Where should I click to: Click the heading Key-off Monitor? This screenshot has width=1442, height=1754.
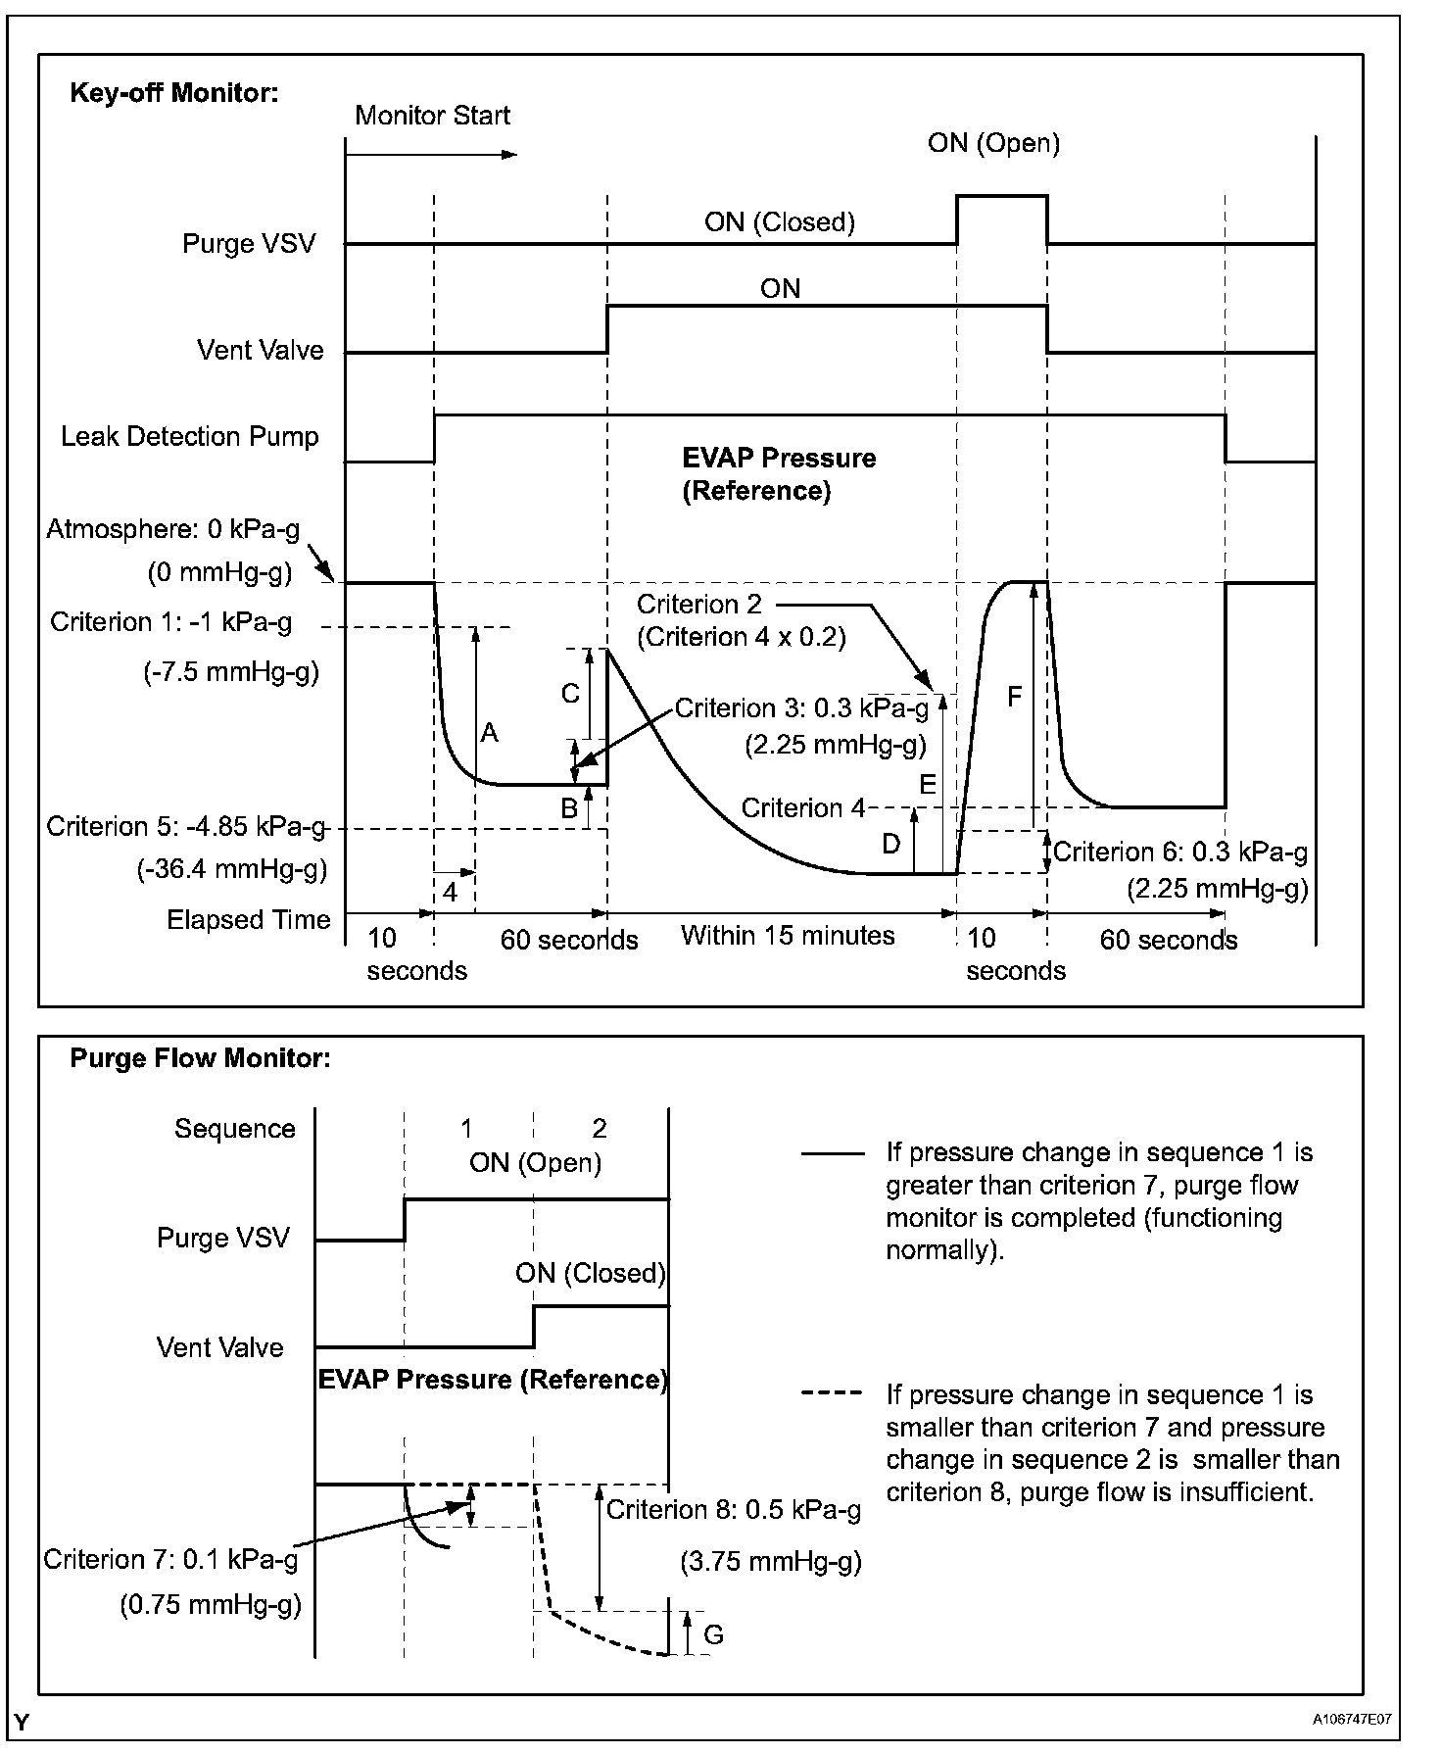pos(174,93)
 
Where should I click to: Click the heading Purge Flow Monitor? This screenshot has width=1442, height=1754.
pos(200,1058)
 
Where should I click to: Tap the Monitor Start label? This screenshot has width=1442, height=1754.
pos(432,116)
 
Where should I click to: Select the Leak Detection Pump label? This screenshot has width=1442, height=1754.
pos(190,436)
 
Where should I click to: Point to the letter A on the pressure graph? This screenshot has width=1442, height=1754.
pos(489,732)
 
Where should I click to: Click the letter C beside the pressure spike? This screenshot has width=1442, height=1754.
pos(569,694)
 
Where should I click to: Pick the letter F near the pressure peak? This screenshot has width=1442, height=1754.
pos(1014,697)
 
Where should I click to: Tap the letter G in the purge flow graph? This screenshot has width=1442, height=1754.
pos(713,1634)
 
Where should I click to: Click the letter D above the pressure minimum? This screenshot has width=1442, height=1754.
pos(890,844)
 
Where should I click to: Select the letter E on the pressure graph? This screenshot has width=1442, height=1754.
pos(927,784)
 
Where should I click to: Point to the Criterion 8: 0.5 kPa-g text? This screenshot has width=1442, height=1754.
pos(734,1510)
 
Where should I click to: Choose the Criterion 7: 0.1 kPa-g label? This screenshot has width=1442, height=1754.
pos(170,1559)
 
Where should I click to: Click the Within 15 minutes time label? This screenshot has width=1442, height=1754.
pos(788,935)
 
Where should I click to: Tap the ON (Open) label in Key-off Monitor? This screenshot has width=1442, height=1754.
pos(993,143)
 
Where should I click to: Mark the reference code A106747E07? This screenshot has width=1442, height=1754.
pos(1353,1719)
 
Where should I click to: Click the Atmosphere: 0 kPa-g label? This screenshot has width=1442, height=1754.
pos(172,529)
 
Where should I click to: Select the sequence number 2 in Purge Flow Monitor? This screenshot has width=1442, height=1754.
pos(600,1129)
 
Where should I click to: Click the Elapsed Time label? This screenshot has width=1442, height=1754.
pos(248,920)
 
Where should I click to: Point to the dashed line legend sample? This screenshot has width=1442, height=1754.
pos(832,1393)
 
